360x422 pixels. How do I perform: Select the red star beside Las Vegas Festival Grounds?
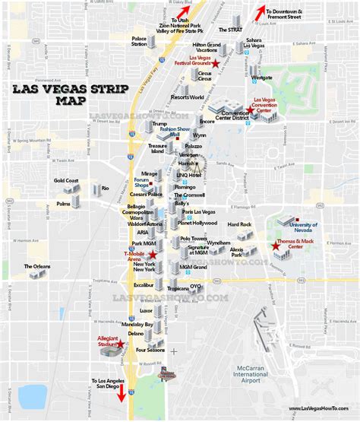click(x=216, y=63)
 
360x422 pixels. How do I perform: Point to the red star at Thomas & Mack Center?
click(x=275, y=246)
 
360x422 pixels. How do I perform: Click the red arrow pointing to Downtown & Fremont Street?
click(x=261, y=12)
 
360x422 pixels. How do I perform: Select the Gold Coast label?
click(x=66, y=181)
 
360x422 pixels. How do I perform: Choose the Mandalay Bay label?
click(x=137, y=325)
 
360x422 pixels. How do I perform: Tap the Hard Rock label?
click(x=238, y=224)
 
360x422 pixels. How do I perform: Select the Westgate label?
click(x=261, y=78)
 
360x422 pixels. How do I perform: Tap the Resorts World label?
click(x=188, y=97)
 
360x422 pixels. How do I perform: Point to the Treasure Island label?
click(x=157, y=148)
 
